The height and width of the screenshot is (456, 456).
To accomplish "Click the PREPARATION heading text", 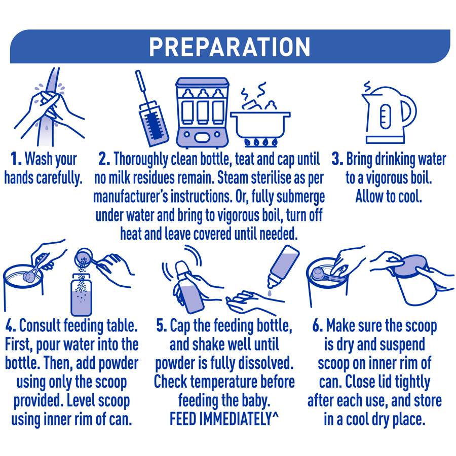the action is pos(230,47).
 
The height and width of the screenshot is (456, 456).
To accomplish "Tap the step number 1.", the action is pos(16,159).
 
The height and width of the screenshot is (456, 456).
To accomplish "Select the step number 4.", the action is pos(11,325).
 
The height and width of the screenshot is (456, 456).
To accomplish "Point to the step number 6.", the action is pos(318,325).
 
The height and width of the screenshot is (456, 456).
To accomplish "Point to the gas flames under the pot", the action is pos(261,142).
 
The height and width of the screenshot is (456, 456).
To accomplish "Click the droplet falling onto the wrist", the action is pos(270,293).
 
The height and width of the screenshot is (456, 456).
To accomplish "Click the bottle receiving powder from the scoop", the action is pos(81,294).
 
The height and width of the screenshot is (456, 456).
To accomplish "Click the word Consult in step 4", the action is pos(40,325).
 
